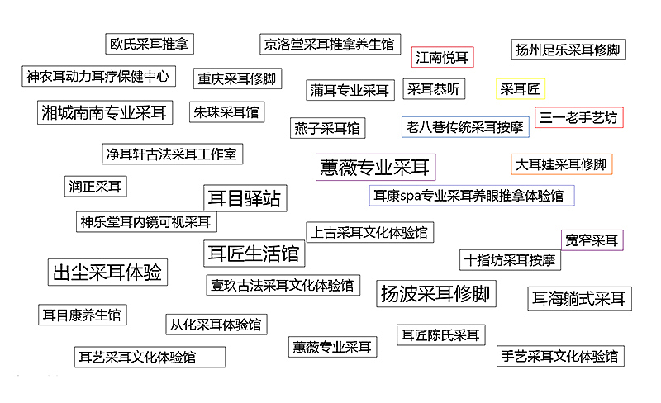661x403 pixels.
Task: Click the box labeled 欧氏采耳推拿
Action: click(x=150, y=44)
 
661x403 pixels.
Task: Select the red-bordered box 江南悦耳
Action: click(x=443, y=58)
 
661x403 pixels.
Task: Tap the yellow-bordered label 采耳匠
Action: click(x=520, y=89)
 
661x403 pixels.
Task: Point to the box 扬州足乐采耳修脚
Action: click(x=568, y=50)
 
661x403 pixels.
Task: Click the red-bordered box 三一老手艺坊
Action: click(x=578, y=117)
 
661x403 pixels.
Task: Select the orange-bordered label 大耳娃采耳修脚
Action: click(x=561, y=164)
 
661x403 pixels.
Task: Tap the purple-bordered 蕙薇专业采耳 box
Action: click(x=375, y=168)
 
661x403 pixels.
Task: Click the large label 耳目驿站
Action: click(x=244, y=198)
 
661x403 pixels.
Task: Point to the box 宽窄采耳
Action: click(x=592, y=240)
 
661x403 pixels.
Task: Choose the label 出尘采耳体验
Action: click(x=107, y=272)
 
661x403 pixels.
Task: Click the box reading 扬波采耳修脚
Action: click(x=435, y=293)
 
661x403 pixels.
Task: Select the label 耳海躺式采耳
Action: click(x=579, y=298)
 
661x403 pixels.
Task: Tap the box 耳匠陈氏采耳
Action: click(x=440, y=334)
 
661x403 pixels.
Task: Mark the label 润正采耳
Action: click(x=94, y=187)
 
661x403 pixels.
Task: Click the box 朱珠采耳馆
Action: click(x=226, y=111)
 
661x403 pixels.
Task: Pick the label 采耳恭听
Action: click(x=433, y=89)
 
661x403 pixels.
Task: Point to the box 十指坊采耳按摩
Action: click(x=510, y=260)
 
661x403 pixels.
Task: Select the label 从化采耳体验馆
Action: click(x=215, y=325)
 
